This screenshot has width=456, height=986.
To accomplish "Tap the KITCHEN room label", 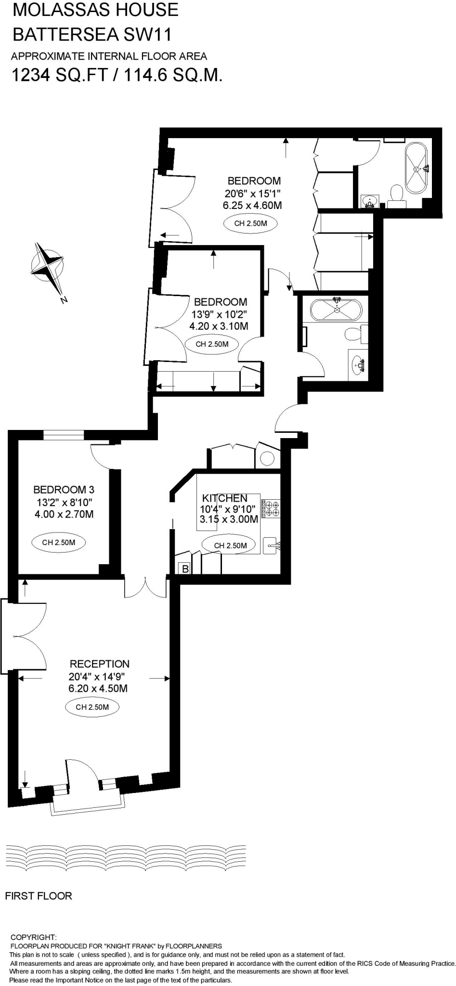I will tap(224, 498).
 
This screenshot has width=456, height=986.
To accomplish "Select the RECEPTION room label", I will tap(100, 664).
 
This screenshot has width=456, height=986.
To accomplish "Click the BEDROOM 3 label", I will tap(64, 490).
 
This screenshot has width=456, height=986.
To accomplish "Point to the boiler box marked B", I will tap(185, 569).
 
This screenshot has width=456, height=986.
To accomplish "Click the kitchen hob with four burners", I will tap(271, 509).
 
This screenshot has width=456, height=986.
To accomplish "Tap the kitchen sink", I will tap(271, 545).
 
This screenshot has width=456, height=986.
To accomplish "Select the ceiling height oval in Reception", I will tap(92, 707).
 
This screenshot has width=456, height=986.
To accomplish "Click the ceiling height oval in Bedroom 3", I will tap(58, 543).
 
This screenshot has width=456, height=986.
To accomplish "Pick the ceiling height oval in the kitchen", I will tap(230, 545).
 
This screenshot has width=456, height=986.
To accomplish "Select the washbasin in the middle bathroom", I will tap(358, 364).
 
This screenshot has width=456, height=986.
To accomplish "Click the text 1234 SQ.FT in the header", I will tap(59, 76).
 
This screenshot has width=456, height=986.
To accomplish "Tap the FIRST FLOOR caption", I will tap(39, 896).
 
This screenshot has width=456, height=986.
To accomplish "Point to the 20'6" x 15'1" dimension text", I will tap(252, 194).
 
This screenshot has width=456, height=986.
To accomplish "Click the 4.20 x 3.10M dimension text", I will tap(219, 326).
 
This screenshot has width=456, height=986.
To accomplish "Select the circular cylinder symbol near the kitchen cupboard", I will tap(268, 458).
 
